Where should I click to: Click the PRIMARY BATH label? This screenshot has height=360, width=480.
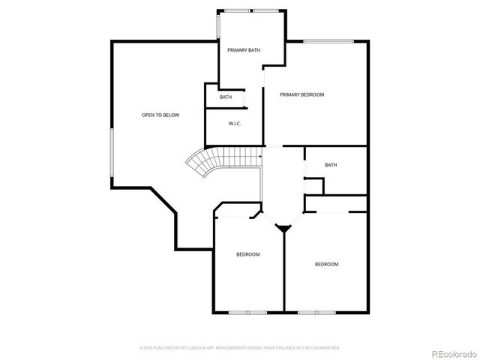(244, 50)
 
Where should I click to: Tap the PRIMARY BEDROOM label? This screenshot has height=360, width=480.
(301, 94)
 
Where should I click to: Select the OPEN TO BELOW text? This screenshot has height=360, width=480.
(160, 115)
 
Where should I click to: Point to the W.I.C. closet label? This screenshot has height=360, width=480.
(234, 124)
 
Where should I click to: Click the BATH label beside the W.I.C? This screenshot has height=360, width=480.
(226, 97)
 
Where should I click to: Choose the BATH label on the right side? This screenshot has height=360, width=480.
(331, 165)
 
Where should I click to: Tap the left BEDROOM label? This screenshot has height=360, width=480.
(248, 255)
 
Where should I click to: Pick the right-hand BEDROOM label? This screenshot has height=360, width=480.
(326, 264)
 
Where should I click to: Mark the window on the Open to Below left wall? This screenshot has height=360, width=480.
(112, 154)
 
